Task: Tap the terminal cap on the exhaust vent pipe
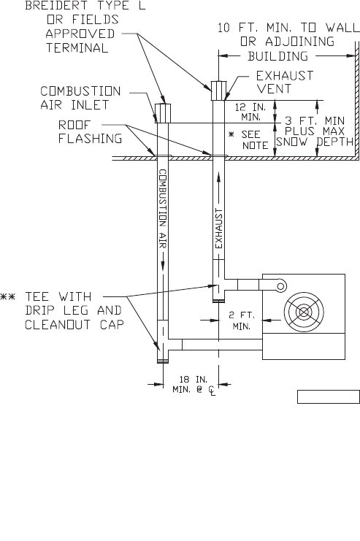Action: pos(219,91)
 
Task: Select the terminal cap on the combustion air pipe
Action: pos(163,113)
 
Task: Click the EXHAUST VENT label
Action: pos(285,82)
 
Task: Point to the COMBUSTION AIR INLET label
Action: pos(80,98)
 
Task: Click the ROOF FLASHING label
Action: pos(90,131)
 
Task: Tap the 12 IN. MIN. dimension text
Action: pos(250,112)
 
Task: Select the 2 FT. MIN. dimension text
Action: pos(242,321)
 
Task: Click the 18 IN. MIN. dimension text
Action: pos(194,385)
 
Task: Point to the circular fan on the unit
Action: pos(304,312)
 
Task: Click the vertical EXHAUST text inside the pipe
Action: pos(219,228)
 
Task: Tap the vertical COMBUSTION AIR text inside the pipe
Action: pos(163,208)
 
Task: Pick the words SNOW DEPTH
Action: pos(315,142)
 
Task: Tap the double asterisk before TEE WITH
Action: pos(7,296)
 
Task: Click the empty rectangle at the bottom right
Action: pos(329,396)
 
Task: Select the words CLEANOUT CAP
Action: pos(74,325)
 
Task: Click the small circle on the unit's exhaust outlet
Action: pos(281,286)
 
